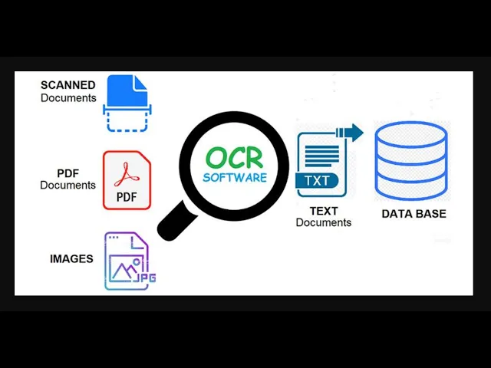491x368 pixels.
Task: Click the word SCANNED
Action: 68,85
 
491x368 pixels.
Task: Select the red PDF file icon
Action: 127,180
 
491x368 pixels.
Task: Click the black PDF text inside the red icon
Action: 127,197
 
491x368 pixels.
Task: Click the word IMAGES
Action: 71,259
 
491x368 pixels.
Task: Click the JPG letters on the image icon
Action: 145,278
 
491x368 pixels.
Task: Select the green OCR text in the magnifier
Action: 234,159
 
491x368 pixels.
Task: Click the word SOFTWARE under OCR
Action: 235,178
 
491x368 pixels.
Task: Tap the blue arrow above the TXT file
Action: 349,133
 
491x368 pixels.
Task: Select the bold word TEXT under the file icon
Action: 323,211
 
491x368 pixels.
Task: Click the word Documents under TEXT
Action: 323,222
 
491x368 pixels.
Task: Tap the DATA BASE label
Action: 414,214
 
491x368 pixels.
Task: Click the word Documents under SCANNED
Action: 68,97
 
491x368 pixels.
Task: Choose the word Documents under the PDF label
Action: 68,186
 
